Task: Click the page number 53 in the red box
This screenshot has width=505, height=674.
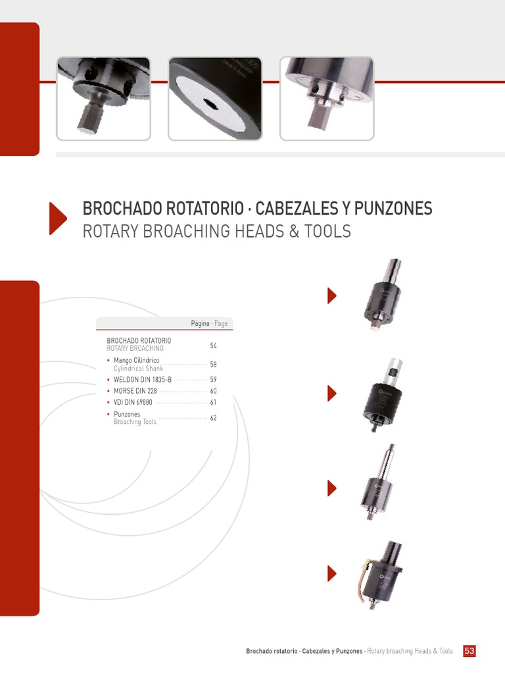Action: (469, 651)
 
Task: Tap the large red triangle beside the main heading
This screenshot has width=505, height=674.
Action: (58, 219)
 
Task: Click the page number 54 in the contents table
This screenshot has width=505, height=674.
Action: (213, 346)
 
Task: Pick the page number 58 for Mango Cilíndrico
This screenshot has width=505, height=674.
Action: (213, 365)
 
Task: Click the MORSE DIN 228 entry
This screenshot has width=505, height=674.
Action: (135, 391)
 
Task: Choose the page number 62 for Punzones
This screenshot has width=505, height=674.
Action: (213, 418)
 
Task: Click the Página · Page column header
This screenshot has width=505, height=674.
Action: (209, 324)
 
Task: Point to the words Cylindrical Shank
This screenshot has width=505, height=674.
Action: (138, 369)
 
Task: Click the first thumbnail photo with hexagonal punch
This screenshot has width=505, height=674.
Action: (103, 99)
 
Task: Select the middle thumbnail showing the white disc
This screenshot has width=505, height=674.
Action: (214, 99)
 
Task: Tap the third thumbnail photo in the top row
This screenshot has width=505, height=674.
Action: (327, 99)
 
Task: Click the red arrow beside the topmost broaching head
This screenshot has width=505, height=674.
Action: (332, 296)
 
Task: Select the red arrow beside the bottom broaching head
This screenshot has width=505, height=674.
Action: (332, 573)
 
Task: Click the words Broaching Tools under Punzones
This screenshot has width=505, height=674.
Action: (135, 422)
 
